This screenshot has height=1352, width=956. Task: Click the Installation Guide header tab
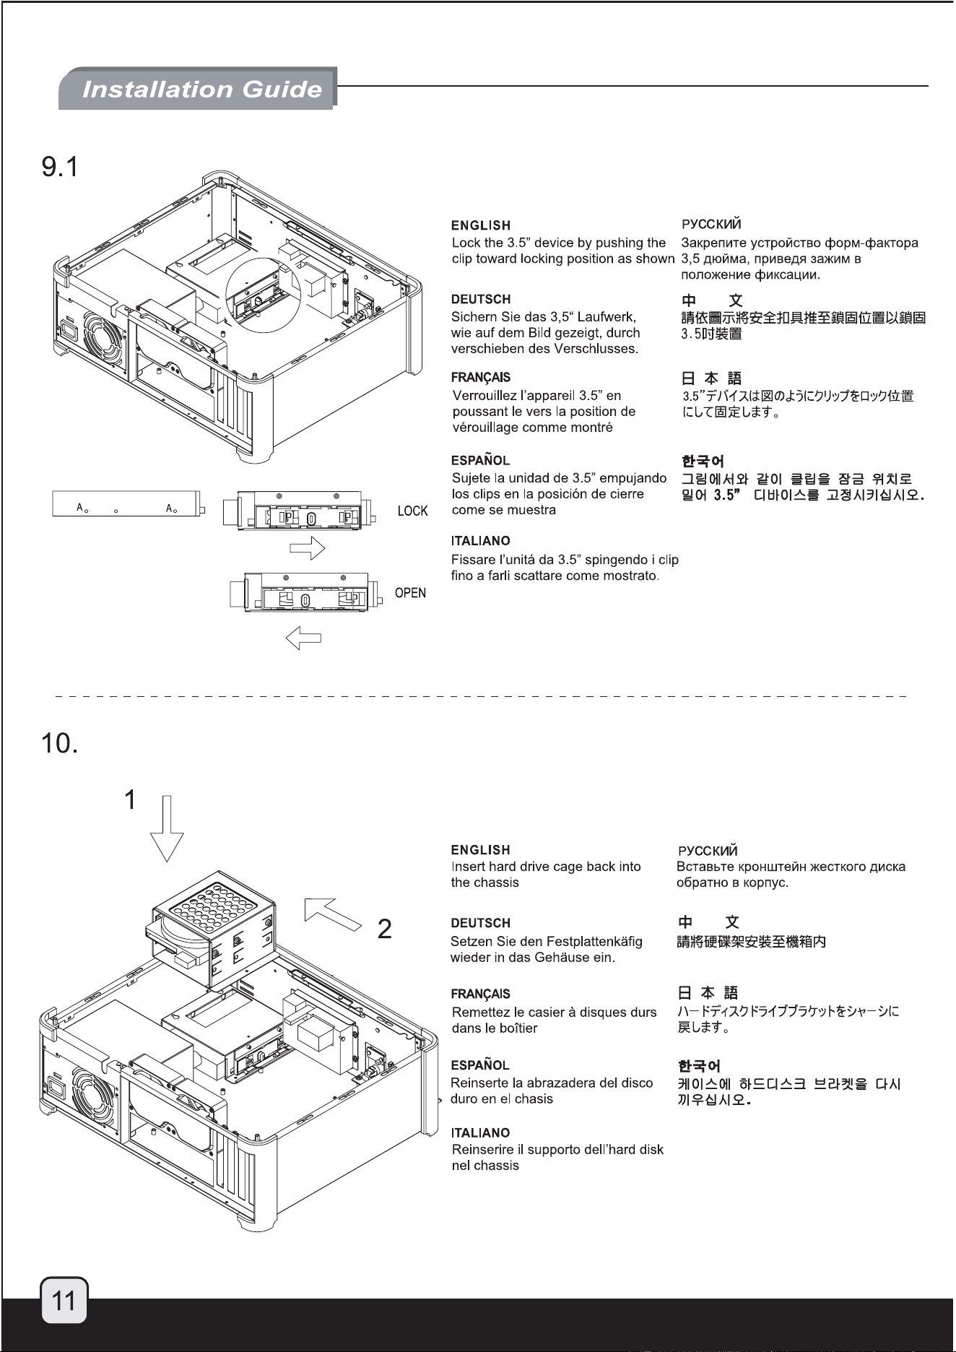pos(198,89)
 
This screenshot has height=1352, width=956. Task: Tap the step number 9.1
pos(58,167)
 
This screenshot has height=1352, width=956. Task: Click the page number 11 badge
pos(64,1301)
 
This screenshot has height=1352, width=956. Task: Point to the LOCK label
pos(413,511)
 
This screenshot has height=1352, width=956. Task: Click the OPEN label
pos(410,593)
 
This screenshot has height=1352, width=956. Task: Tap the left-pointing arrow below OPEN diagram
pos(303,638)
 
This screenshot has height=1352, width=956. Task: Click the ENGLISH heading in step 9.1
pos(481,226)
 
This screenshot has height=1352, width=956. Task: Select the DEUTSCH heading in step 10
pos(480,923)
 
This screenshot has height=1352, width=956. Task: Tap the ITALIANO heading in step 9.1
pos(481,541)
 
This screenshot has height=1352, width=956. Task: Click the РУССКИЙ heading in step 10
pos(707,851)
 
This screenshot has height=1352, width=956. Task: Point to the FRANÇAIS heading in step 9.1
pos(481,377)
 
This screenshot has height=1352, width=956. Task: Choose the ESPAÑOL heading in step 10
pos(480,1065)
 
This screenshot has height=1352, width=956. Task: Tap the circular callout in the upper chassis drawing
pos(266,289)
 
